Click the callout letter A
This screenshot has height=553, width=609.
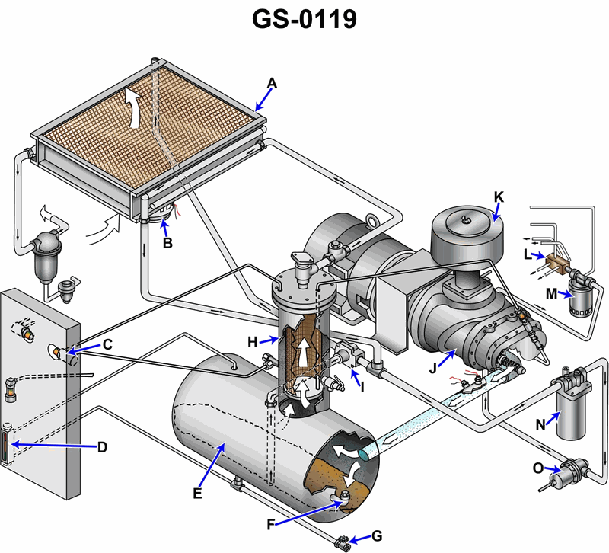272,83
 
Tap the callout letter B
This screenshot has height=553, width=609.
167,244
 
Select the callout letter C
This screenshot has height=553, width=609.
107,344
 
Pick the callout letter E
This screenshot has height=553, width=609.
197,494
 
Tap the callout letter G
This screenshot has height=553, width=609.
377,537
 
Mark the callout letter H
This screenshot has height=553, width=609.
252,343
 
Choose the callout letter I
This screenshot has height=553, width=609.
362,387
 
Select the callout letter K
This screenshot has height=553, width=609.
499,196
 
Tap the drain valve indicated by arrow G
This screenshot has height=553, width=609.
343,543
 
